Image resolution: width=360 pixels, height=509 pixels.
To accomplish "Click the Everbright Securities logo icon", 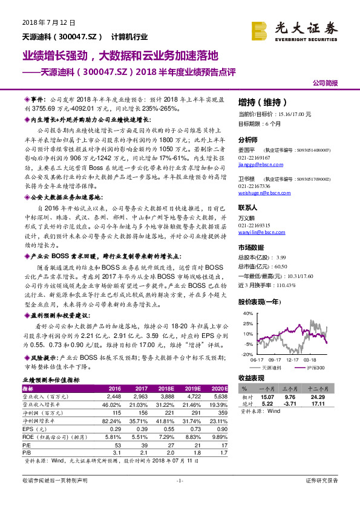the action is coord(260,31).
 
